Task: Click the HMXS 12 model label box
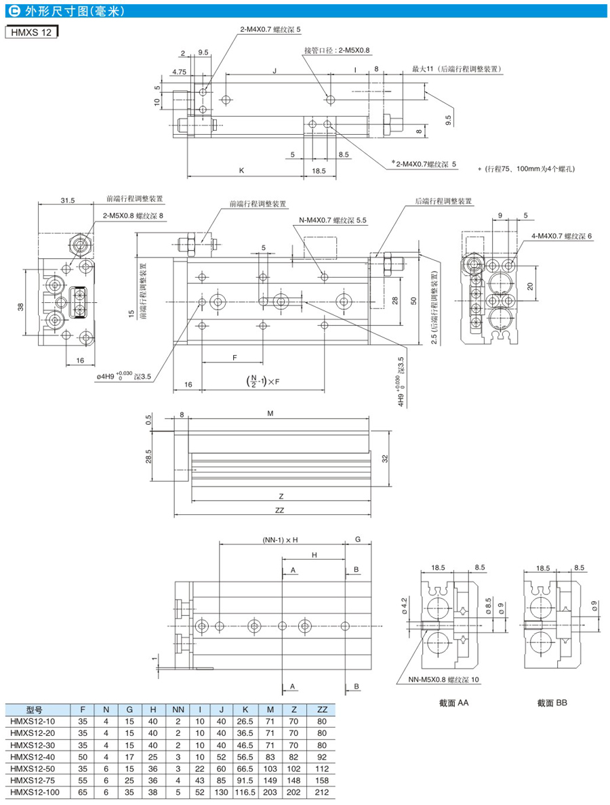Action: point(32,32)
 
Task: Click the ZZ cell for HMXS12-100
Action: point(322,792)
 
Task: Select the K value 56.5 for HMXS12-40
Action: point(245,757)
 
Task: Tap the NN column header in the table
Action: point(178,709)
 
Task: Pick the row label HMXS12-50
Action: point(33,768)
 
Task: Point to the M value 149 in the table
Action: point(270,781)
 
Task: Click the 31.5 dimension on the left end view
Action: point(68,200)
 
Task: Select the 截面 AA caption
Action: point(454,702)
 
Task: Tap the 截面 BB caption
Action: point(552,702)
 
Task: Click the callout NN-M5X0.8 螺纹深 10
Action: point(444,680)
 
